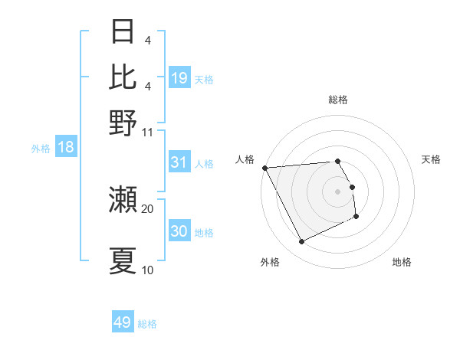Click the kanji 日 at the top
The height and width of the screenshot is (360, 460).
[x=123, y=33]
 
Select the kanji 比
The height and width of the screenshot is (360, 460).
[x=123, y=77]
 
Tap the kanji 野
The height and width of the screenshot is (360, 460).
[x=123, y=123]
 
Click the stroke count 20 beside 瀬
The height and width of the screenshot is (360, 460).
[x=148, y=208]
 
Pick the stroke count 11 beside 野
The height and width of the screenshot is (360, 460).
[x=148, y=132]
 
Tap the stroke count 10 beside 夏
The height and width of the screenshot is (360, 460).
[x=148, y=270]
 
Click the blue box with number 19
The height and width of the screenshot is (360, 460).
[x=179, y=77]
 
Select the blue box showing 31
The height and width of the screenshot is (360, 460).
[x=179, y=162]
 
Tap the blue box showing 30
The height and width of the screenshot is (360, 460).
[x=179, y=231]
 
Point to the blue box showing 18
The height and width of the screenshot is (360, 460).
[x=66, y=147]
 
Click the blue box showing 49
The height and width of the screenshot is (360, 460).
[x=123, y=322]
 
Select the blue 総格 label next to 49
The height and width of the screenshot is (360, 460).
[x=147, y=324]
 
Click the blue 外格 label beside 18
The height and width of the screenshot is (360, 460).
[x=41, y=149]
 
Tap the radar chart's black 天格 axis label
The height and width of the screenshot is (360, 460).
[x=431, y=159]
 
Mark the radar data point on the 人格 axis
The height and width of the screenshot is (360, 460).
[x=264, y=168]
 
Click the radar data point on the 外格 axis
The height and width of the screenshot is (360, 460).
[x=301, y=242]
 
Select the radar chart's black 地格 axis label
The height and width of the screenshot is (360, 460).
[x=402, y=262]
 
